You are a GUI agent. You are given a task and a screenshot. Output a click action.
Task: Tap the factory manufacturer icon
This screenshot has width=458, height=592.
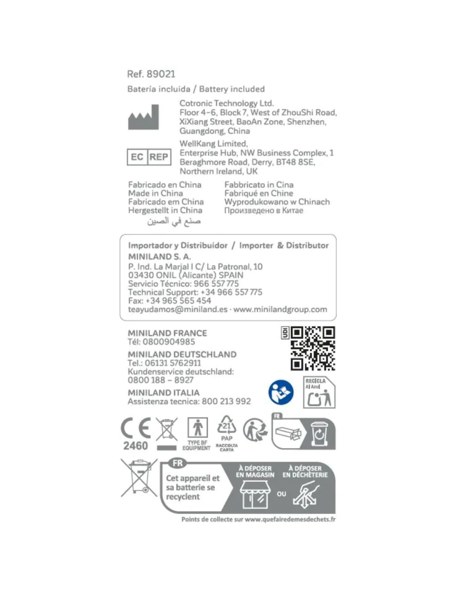click(143, 117)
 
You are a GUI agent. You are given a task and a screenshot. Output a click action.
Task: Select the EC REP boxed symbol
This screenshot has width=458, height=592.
click(149, 157)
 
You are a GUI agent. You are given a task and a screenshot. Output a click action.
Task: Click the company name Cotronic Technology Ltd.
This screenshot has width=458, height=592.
click(227, 103)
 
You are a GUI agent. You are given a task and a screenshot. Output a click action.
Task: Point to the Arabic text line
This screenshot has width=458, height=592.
click(174, 221)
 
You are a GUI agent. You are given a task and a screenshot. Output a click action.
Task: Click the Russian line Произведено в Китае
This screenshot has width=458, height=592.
click(264, 211)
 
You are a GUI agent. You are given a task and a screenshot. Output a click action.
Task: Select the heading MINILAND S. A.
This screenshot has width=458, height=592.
click(159, 256)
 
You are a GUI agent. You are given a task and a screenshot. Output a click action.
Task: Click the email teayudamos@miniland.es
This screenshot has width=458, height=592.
click(178, 309)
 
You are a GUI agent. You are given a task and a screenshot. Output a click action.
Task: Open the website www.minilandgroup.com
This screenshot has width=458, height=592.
click(280, 309)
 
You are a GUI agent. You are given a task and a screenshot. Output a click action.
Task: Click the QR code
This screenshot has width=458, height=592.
click(313, 348)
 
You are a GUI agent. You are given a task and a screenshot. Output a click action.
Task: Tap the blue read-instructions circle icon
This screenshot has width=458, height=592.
click(281, 392)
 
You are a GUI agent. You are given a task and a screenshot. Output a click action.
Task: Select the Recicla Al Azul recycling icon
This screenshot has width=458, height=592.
click(319, 393)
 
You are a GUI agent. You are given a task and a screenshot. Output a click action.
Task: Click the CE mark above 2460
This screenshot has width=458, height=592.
click(136, 428)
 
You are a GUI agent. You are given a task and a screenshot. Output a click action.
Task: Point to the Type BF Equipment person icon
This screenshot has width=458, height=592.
click(197, 428)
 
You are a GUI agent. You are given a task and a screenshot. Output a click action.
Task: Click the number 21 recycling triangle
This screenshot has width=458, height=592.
click(227, 426)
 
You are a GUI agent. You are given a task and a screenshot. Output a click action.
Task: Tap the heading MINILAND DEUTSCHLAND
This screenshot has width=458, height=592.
click(182, 354)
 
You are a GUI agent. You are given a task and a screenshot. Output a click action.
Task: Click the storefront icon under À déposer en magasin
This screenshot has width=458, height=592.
click(255, 494)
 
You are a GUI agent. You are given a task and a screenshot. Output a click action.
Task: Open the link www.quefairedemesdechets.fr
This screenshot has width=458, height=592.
click(290, 519)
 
